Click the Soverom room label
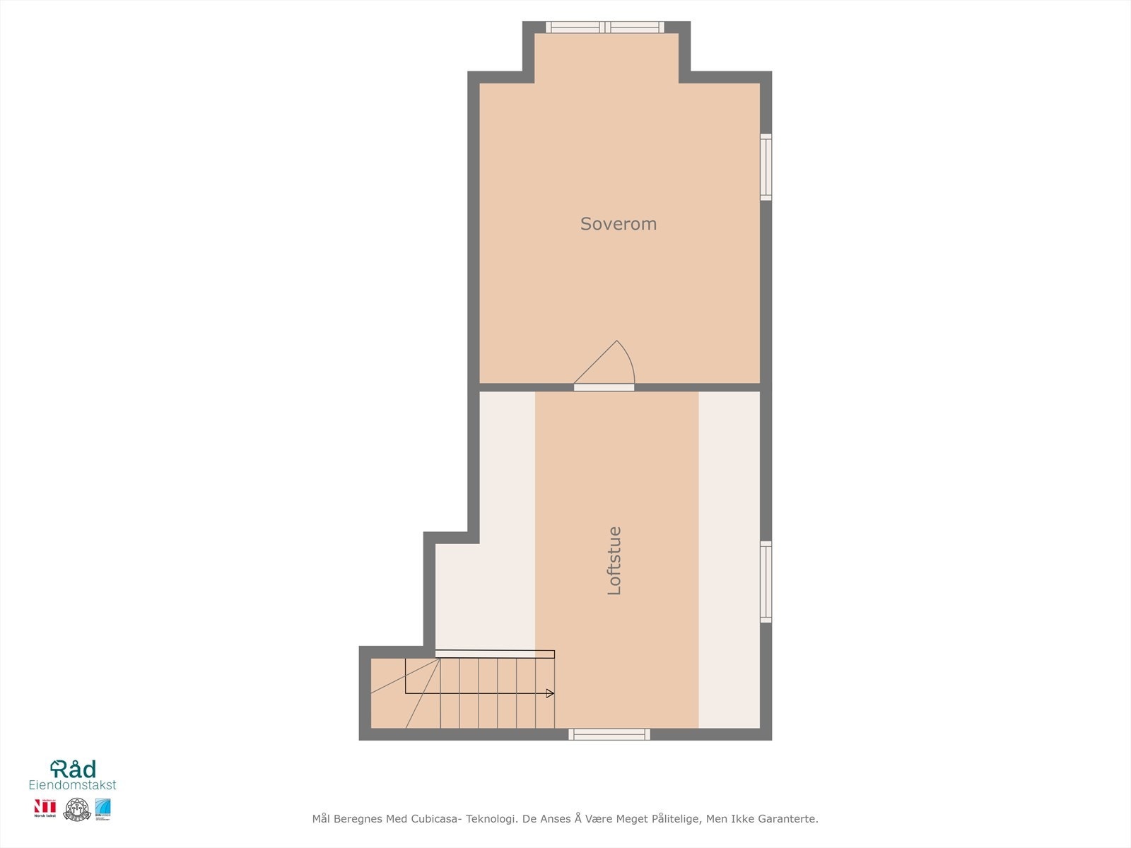click(619, 224)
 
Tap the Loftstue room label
click(614, 560)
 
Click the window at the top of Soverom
click(605, 28)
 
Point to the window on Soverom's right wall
click(766, 167)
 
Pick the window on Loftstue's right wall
click(766, 582)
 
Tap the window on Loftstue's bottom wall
click(609, 734)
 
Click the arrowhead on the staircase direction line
click(550, 693)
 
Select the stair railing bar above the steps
click(495, 654)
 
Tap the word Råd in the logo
click(74, 769)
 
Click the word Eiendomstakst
click(72, 785)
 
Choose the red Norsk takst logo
click(45, 809)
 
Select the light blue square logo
click(103, 809)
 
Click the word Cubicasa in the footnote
click(434, 819)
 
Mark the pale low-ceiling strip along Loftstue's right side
click(729, 558)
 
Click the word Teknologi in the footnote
click(489, 819)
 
